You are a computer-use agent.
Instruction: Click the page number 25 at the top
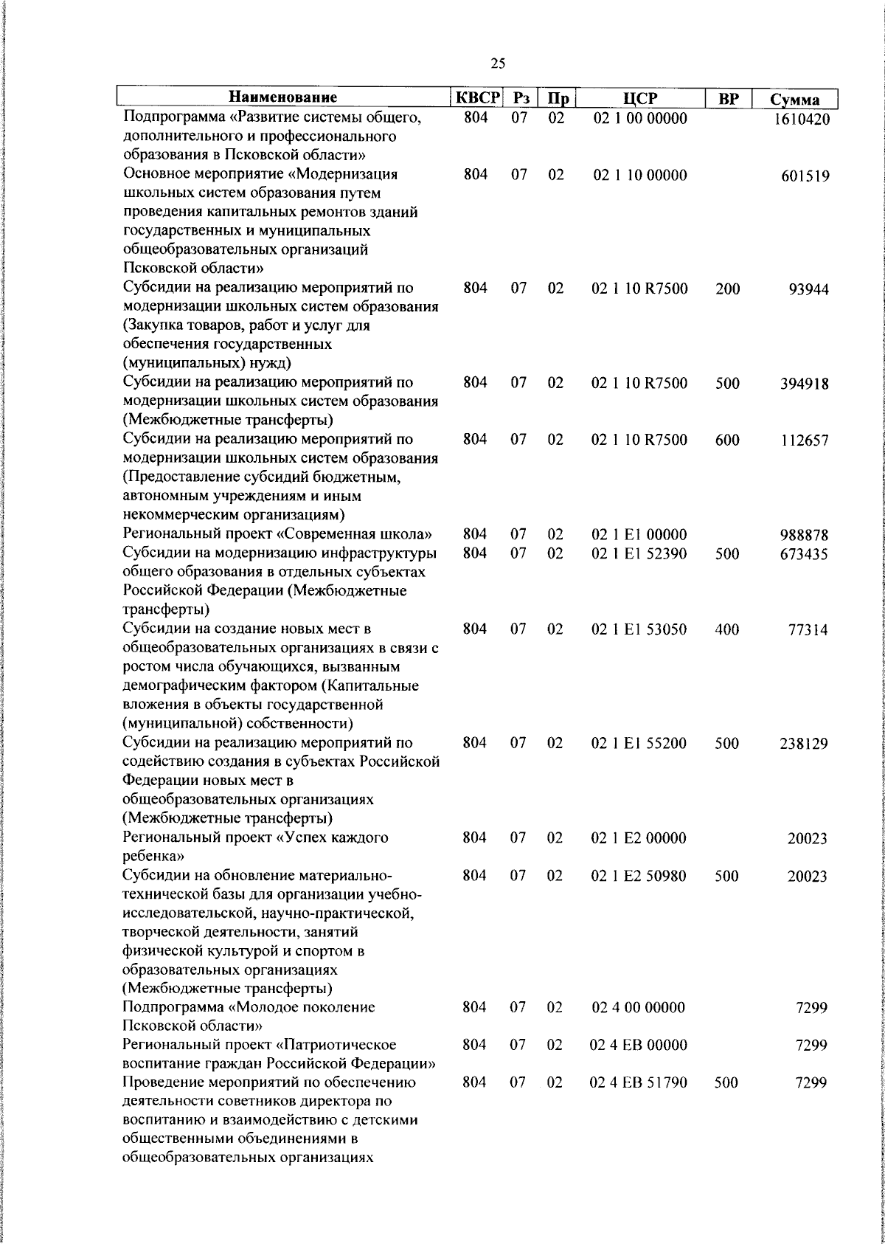497,64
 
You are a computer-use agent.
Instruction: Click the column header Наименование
282,97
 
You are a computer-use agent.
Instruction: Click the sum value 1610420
802,119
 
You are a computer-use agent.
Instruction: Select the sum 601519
805,176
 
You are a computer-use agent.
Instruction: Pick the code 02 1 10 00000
639,176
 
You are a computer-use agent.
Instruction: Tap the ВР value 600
727,440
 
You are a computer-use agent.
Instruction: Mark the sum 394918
805,384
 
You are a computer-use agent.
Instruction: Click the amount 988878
805,535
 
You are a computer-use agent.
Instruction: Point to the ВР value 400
727,629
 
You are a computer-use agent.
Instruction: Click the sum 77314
809,630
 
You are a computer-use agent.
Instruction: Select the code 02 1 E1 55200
639,743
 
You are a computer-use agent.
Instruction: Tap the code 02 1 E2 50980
639,876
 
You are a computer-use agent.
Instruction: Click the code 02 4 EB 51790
639,1083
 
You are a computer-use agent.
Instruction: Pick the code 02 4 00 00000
639,1007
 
